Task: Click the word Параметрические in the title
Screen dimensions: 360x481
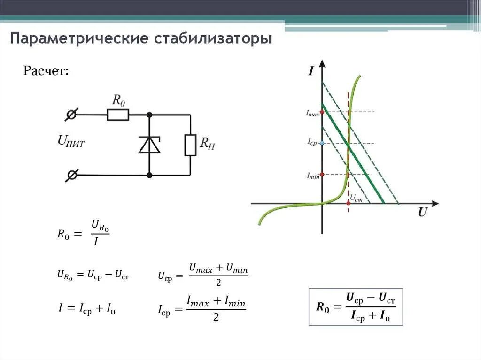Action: pyautogui.click(x=79, y=38)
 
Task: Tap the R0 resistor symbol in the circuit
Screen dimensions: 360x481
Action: pyautogui.click(x=117, y=115)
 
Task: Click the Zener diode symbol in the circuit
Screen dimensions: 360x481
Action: pyautogui.click(x=149, y=145)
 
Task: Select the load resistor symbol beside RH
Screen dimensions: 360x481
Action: pyautogui.click(x=190, y=145)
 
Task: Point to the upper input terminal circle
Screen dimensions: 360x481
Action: pyautogui.click(x=72, y=114)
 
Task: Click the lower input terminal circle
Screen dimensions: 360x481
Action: pyautogui.click(x=72, y=176)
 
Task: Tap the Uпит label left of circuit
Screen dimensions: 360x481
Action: pyautogui.click(x=71, y=141)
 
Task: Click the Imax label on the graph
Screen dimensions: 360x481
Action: pyautogui.click(x=312, y=113)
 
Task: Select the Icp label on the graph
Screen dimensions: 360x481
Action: pyautogui.click(x=312, y=142)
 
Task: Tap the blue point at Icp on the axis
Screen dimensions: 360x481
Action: pyautogui.click(x=322, y=143)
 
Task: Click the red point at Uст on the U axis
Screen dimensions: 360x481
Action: pyautogui.click(x=348, y=203)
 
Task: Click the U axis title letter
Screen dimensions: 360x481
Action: pyautogui.click(x=422, y=212)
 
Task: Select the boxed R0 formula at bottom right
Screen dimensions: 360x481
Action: pyautogui.click(x=356, y=307)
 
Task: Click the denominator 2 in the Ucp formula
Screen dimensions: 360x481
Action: pyautogui.click(x=218, y=283)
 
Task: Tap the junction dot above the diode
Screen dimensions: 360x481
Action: pyautogui.click(x=149, y=114)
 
